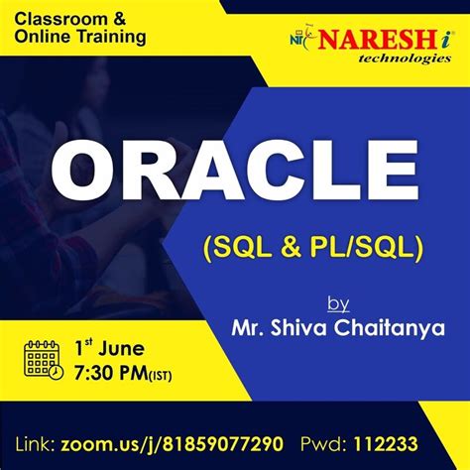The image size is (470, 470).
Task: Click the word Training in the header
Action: point(111,38)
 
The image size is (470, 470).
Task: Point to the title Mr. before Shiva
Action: point(248,326)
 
